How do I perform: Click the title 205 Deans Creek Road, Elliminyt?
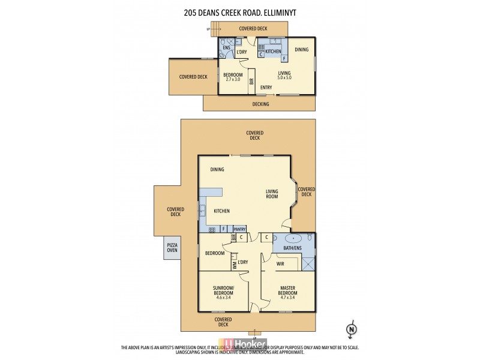pos(240,10)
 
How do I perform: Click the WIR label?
pos(280,263)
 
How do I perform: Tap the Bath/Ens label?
pos(289,248)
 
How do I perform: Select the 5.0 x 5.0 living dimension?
pos(284,78)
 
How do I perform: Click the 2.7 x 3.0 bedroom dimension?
pos(233,79)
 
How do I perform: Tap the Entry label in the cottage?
pos(266,88)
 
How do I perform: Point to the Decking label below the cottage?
pos(260,104)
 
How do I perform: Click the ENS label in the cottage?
pos(226,47)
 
